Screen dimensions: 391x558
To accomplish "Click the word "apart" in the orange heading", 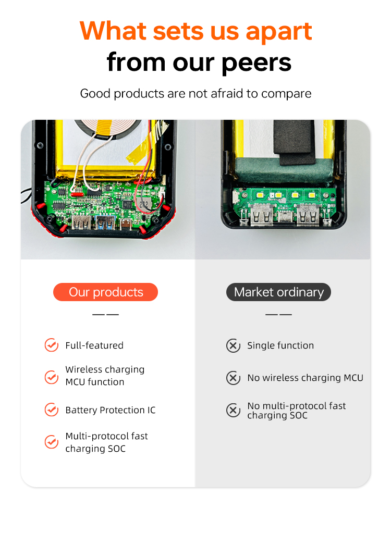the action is [279, 32].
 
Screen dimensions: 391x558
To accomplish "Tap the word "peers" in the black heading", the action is [256, 63].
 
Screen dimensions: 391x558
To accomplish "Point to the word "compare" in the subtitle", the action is [286, 94].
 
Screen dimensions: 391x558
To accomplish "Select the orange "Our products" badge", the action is [105, 292].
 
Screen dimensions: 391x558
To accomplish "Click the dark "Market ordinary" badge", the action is [278, 292].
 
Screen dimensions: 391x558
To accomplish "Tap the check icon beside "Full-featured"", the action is [52, 345].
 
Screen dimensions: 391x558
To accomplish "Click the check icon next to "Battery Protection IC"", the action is [52, 410].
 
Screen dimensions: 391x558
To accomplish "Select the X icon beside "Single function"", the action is [233, 345].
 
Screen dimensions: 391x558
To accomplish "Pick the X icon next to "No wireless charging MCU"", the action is [233, 378].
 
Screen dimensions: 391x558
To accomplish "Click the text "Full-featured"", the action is [94, 345].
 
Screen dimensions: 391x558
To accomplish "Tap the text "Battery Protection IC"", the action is [111, 410].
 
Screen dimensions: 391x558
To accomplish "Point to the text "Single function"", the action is [280, 345].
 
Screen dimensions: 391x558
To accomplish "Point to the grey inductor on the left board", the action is [144, 204].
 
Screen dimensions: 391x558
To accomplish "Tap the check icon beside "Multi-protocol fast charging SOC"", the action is [52, 442].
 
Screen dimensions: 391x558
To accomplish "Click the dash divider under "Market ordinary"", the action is [278, 315].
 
